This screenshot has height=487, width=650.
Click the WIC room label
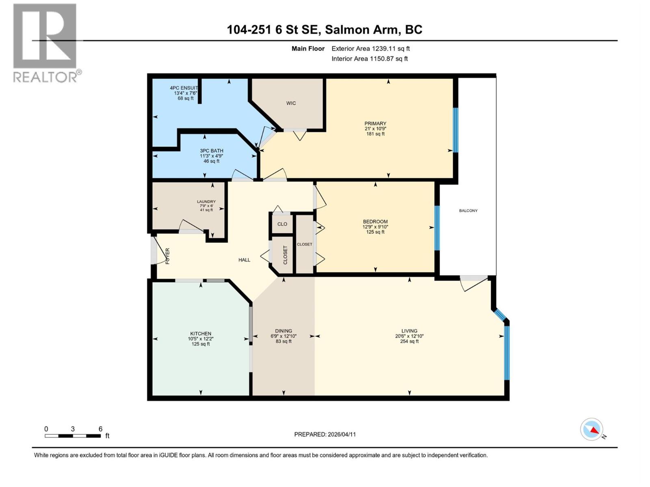(x=291, y=103)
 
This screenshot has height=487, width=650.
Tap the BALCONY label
(x=468, y=211)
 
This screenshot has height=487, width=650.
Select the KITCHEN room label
(x=201, y=334)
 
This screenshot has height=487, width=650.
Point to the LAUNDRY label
(x=206, y=202)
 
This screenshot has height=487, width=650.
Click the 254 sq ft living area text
(x=409, y=341)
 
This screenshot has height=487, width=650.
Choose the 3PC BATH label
(x=211, y=151)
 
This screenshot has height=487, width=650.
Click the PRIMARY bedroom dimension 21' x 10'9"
(x=375, y=129)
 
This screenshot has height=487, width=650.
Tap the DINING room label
(x=283, y=331)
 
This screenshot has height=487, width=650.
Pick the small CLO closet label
(x=282, y=224)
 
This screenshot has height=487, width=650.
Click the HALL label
(x=244, y=260)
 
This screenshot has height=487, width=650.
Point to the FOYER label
(x=167, y=256)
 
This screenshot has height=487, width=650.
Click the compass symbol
(x=591, y=429)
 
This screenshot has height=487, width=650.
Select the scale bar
(x=73, y=436)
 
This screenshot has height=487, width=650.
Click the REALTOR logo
(x=45, y=43)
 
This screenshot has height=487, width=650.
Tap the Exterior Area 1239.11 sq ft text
(x=370, y=49)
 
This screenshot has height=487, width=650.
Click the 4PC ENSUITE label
(x=184, y=88)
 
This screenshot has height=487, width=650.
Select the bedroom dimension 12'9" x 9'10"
(x=375, y=227)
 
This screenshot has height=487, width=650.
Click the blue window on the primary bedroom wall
(x=455, y=130)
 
